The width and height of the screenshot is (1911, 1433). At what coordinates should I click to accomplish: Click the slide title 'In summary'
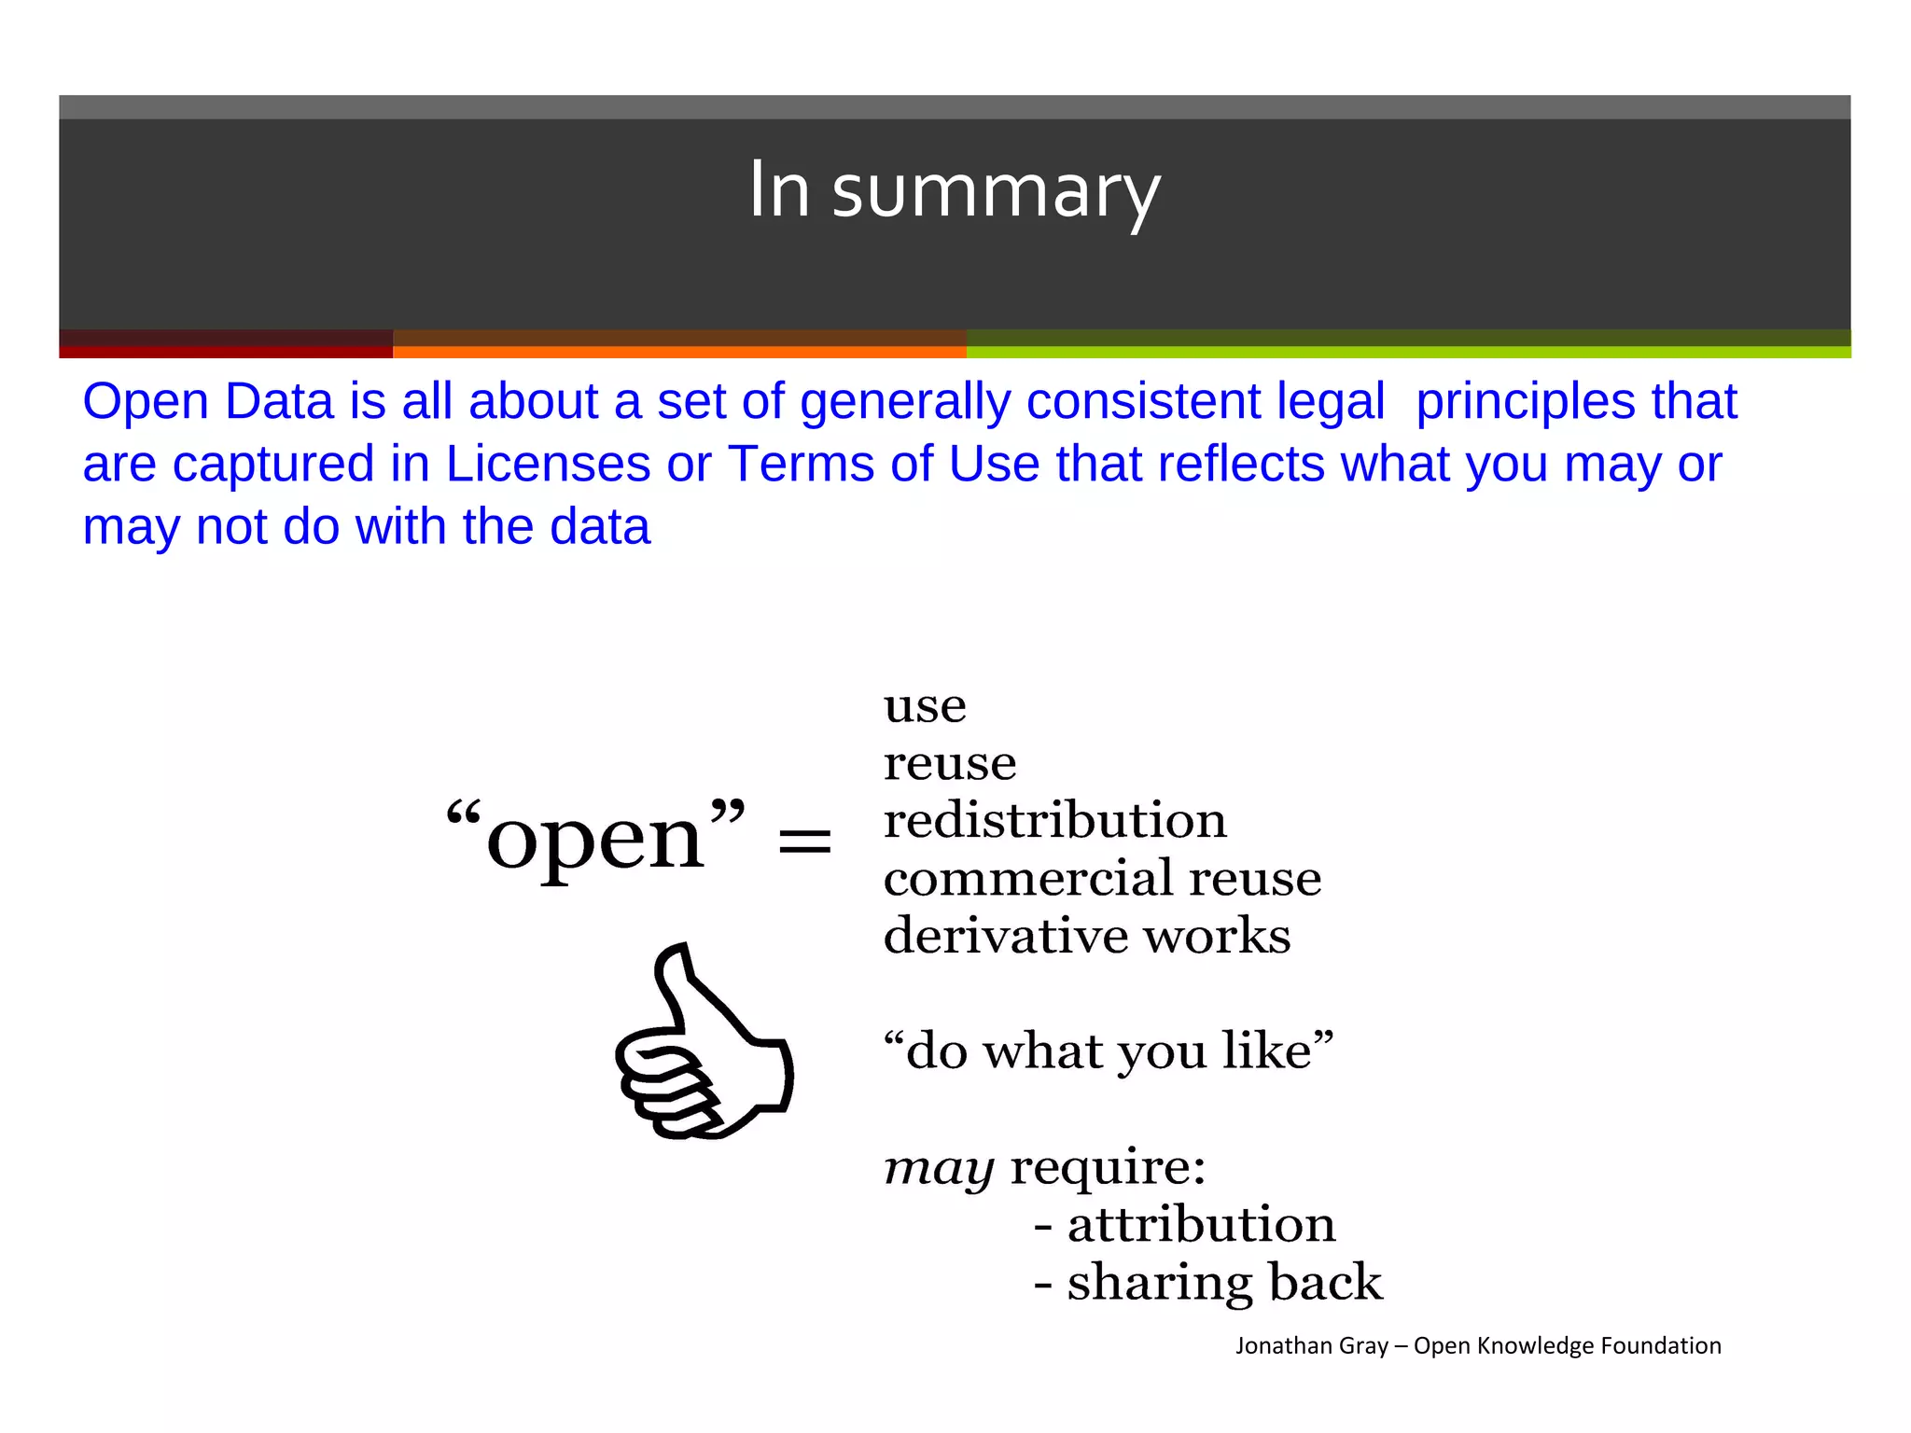pyautogui.click(x=955, y=191)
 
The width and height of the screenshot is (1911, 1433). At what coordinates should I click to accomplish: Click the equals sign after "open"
pyautogui.click(x=804, y=840)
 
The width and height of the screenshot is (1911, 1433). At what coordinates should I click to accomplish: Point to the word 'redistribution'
pyautogui.click(x=1054, y=821)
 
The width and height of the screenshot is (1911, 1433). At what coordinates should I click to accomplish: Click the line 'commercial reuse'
pyautogui.click(x=1102, y=879)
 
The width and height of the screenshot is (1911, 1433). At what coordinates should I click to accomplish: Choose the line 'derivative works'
pyautogui.click(x=1087, y=936)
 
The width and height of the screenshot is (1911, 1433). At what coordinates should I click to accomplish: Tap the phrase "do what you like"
pyautogui.click(x=1109, y=1051)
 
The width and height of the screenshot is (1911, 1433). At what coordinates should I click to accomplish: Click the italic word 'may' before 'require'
pyautogui.click(x=939, y=1168)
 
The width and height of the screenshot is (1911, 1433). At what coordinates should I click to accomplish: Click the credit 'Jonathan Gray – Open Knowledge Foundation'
pyautogui.click(x=1478, y=1345)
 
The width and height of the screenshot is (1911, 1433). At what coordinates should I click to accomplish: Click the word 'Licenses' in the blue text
pyautogui.click(x=549, y=464)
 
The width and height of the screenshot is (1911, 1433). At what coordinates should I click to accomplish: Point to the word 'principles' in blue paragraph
pyautogui.click(x=1525, y=402)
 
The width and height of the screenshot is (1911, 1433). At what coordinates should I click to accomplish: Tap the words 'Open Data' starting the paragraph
pyautogui.click(x=208, y=402)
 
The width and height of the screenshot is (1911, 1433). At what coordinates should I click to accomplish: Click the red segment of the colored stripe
pyautogui.click(x=226, y=351)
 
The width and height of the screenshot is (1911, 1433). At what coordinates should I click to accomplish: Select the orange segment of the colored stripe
pyautogui.click(x=679, y=351)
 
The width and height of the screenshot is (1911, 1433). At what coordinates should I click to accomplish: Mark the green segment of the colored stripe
pyautogui.click(x=1407, y=351)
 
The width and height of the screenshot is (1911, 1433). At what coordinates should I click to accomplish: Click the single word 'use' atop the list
pyautogui.click(x=925, y=706)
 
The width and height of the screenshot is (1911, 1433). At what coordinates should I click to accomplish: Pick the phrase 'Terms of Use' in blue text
pyautogui.click(x=884, y=464)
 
